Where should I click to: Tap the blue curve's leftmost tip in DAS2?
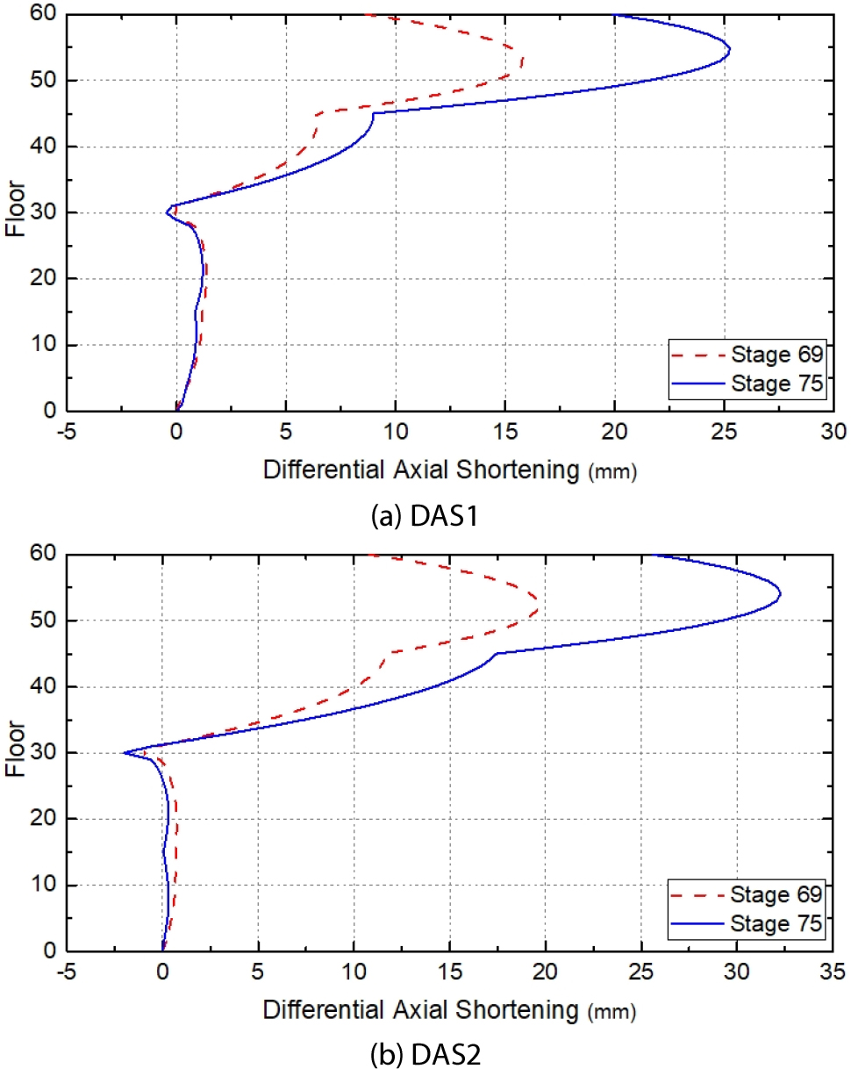pyautogui.click(x=124, y=752)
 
